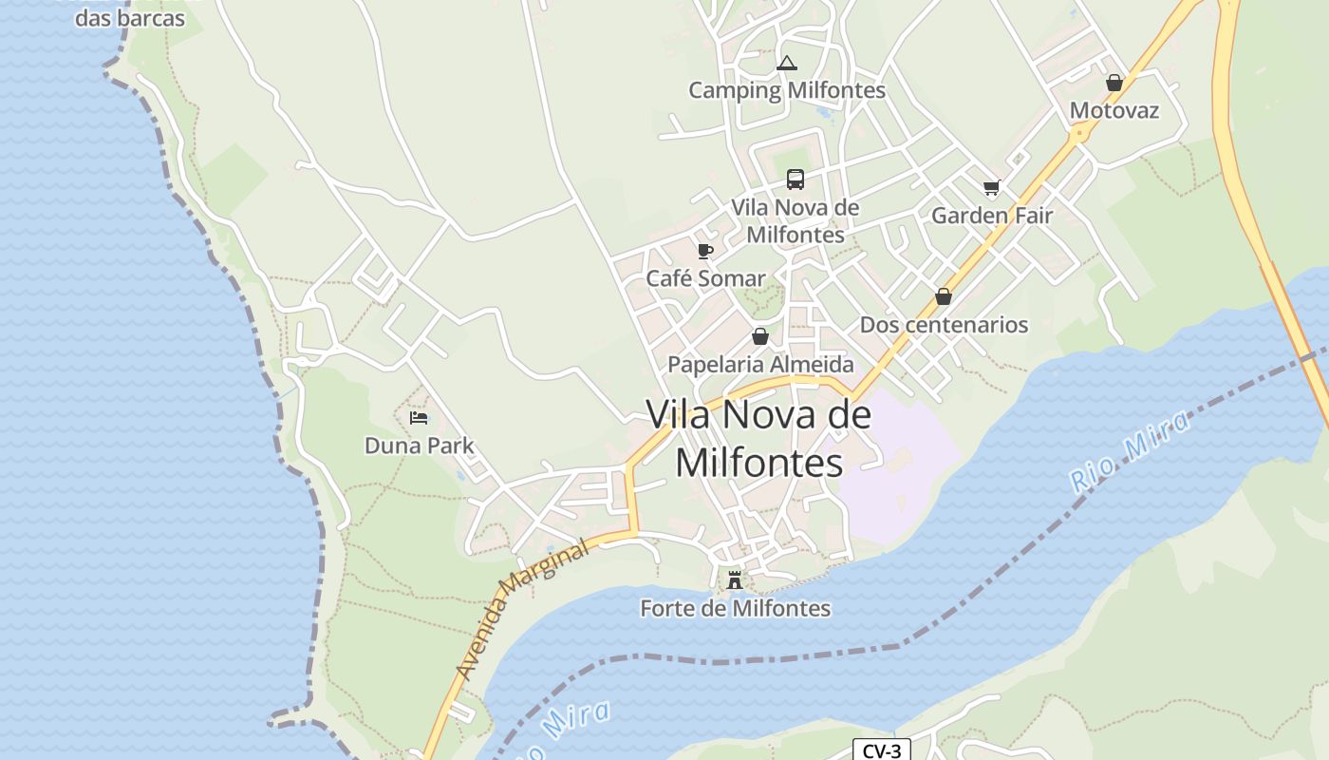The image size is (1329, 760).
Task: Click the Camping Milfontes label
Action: tap(786, 90)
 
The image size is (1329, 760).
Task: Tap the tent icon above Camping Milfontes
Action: tap(786, 64)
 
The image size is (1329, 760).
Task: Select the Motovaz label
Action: tap(1114, 110)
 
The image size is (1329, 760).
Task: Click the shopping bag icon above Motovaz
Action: tap(1114, 84)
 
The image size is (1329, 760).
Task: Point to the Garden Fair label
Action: tap(992, 216)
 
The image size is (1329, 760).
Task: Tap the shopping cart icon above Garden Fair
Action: tap(992, 188)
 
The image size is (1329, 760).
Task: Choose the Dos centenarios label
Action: tap(944, 325)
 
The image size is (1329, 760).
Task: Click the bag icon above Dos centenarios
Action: tap(944, 297)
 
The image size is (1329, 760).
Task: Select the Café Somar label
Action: tap(705, 278)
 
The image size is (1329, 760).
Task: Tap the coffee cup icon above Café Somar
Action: tap(704, 251)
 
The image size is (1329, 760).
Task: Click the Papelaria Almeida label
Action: tap(760, 365)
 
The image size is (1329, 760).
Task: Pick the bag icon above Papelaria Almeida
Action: tap(759, 336)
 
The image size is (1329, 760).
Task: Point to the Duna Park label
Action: tap(419, 446)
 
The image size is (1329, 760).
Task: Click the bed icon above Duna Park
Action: tap(419, 418)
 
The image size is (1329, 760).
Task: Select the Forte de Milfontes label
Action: tap(735, 608)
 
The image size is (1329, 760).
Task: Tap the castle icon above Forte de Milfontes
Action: tap(734, 579)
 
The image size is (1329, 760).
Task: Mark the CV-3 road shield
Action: tap(881, 750)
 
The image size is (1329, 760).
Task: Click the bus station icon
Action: tap(796, 180)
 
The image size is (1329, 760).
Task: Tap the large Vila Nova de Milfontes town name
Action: tap(758, 438)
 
